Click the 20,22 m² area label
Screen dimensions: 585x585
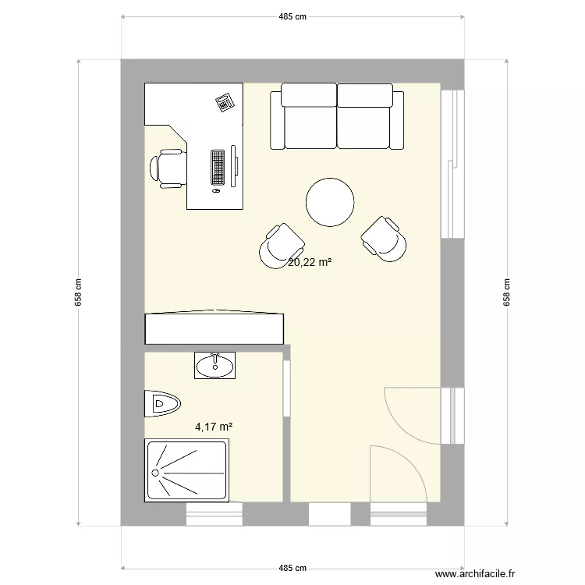310,263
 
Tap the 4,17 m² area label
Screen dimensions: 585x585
214,427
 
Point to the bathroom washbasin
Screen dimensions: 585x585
214,364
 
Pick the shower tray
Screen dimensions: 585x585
187,470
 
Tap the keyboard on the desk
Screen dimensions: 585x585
218,166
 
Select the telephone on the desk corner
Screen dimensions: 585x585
225,101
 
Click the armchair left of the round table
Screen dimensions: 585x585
281,246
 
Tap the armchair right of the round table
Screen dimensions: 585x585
384,239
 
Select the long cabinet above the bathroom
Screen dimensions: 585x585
214,328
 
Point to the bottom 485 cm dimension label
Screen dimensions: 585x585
292,568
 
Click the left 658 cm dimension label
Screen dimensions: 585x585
79,293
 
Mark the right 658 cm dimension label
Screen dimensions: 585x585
507,293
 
